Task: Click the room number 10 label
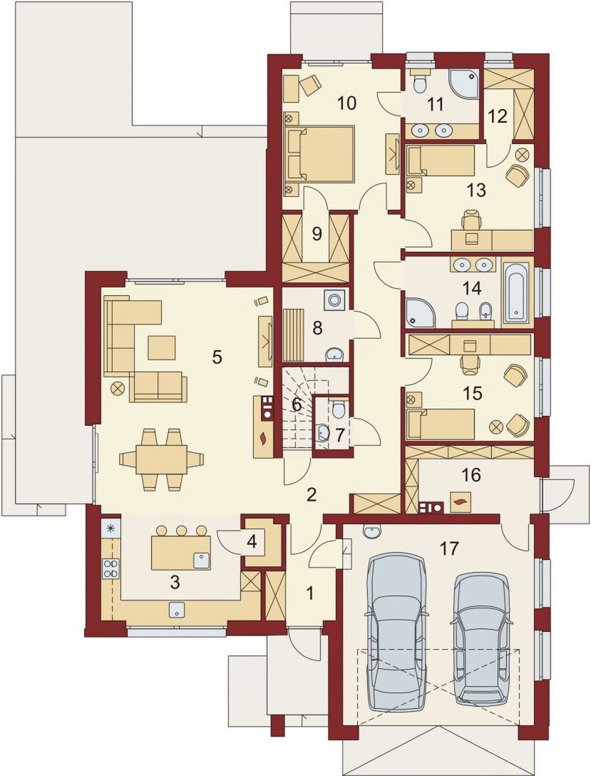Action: coord(346,103)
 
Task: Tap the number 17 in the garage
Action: coord(449,548)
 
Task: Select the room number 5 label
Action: coord(217,357)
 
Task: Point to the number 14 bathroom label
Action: coord(473,287)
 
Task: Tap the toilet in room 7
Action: coord(339,408)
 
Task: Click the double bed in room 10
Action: coord(321,153)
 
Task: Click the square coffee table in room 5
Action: coord(161,348)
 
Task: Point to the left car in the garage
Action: coord(394,631)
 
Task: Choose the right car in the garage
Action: coord(480,638)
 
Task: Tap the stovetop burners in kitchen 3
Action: coord(111,568)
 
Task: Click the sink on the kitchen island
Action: coord(200,560)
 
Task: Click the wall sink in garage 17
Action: coord(371,532)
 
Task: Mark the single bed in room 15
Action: coord(440,424)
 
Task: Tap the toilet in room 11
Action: coord(421,81)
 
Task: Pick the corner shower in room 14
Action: coord(421,312)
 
